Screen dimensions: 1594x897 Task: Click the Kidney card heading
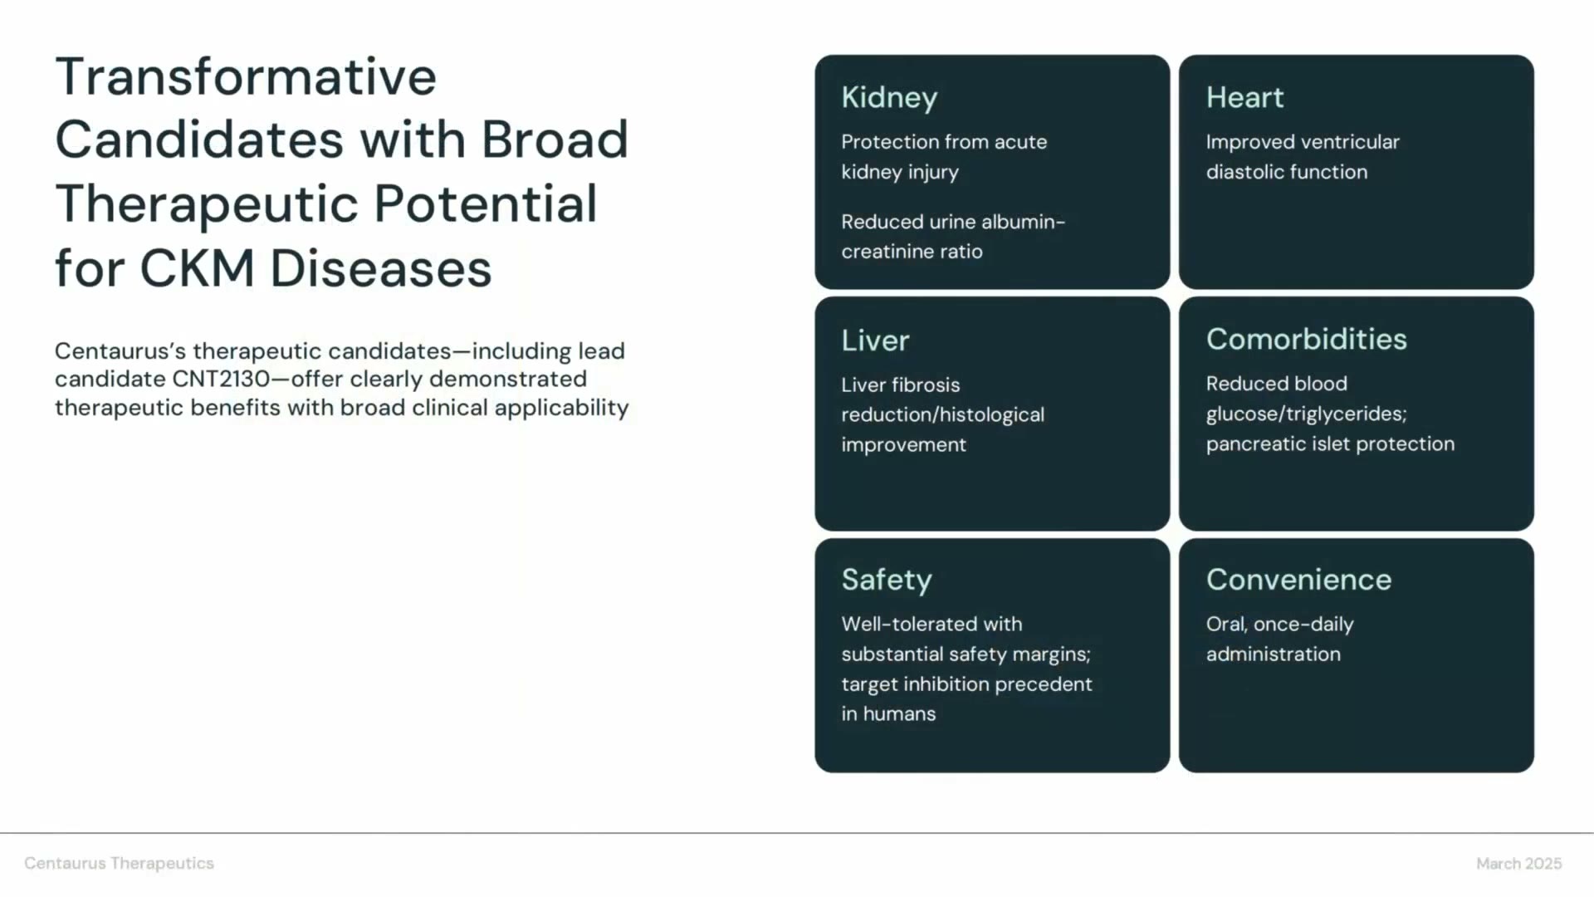pyautogui.click(x=889, y=98)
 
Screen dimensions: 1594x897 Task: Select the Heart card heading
pyautogui.click(x=1244, y=97)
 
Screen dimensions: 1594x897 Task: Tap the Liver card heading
pyautogui.click(x=875, y=340)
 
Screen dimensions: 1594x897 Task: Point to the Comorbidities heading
pyautogui.click(x=1306, y=339)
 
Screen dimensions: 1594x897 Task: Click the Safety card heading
pyautogui.click(x=887, y=581)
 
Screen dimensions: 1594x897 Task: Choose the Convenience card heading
pyautogui.click(x=1298, y=580)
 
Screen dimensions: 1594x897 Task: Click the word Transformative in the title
pyautogui.click(x=246, y=76)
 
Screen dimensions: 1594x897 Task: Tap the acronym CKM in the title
pyautogui.click(x=197, y=268)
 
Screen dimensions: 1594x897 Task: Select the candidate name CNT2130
pyautogui.click(x=221, y=380)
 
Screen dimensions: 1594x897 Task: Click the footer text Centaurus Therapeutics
pyautogui.click(x=119, y=864)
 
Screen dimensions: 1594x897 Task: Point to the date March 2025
pyautogui.click(x=1518, y=864)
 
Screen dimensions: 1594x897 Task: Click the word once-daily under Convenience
pyautogui.click(x=1303, y=625)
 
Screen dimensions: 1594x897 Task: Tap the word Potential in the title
pyautogui.click(x=486, y=204)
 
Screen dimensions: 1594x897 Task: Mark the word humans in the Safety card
pyautogui.click(x=899, y=714)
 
